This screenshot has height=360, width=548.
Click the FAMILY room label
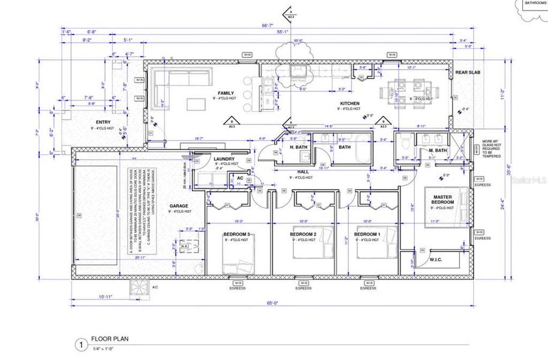pos(226,93)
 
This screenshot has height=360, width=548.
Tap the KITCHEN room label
pos(348,103)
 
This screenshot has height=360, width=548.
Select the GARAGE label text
pos(180,205)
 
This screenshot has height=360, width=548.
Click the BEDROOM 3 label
pos(236,234)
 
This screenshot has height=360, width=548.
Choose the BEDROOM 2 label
pos(303,234)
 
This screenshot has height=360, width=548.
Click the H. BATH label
pos(299,147)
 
